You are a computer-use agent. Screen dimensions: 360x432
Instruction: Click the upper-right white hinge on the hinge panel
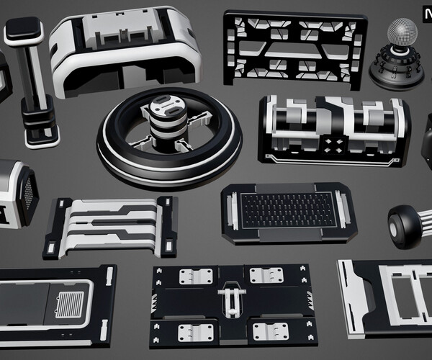pos(266,275)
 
